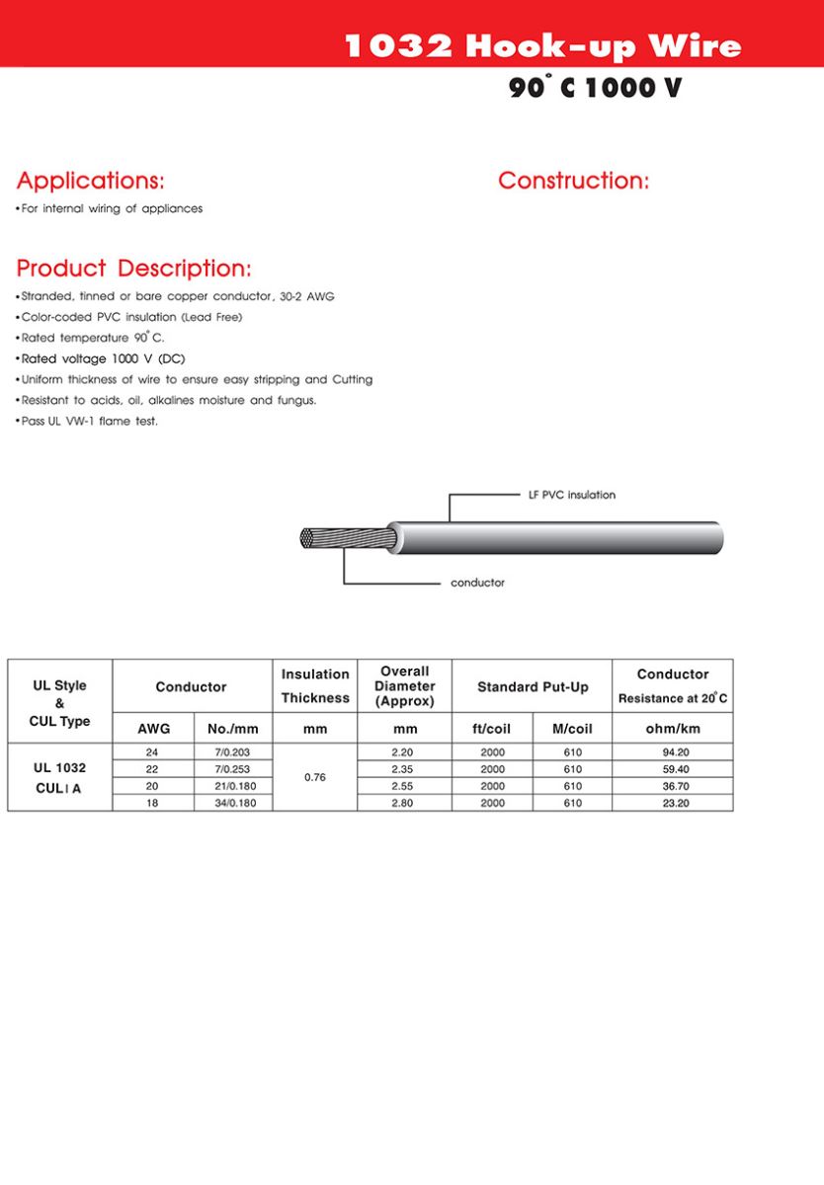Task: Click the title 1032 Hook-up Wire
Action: (542, 46)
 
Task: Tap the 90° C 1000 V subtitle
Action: (595, 88)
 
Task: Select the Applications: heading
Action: (91, 181)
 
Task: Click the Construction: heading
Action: (573, 181)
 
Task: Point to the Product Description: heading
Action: (134, 269)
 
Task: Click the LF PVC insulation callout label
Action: (572, 495)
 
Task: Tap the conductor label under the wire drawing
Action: (477, 583)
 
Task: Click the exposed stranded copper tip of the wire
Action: (319, 539)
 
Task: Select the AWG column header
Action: (153, 729)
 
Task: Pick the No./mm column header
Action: (233, 729)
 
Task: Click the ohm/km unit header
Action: (672, 729)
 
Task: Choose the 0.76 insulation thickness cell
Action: (314, 777)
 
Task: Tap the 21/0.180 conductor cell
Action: (233, 786)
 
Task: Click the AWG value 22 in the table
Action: (153, 769)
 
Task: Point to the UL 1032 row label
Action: (59, 767)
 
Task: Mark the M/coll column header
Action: (572, 729)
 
